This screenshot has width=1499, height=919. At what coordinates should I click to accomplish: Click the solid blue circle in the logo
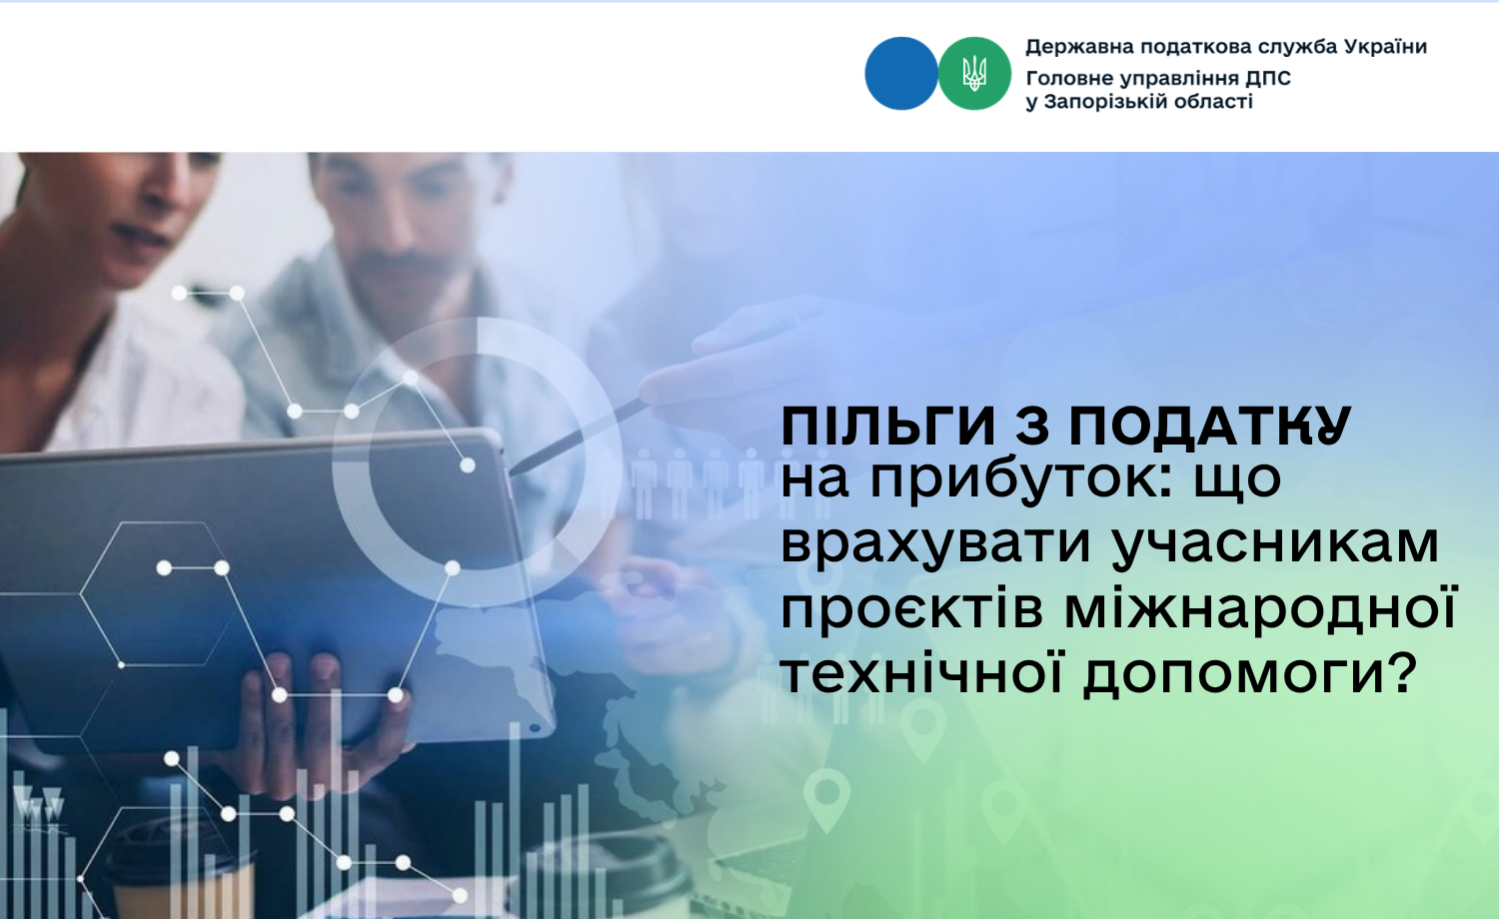point(901,74)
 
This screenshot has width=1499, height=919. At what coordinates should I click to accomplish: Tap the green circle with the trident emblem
point(974,74)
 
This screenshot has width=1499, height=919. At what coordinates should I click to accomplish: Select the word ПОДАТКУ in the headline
point(1210,426)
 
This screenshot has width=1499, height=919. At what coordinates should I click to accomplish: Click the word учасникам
point(1276,545)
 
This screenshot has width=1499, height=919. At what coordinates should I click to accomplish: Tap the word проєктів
point(911,611)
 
